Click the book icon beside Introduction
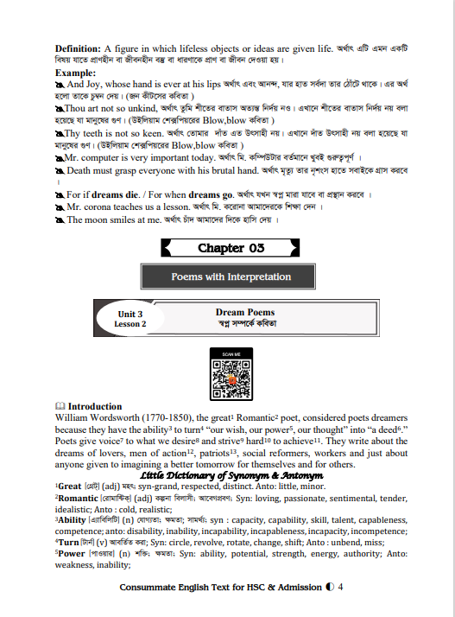tap(60, 406)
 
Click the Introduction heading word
tap(95, 406)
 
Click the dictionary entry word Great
tap(70, 487)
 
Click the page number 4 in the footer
tap(341, 588)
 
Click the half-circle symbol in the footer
tap(331, 588)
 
